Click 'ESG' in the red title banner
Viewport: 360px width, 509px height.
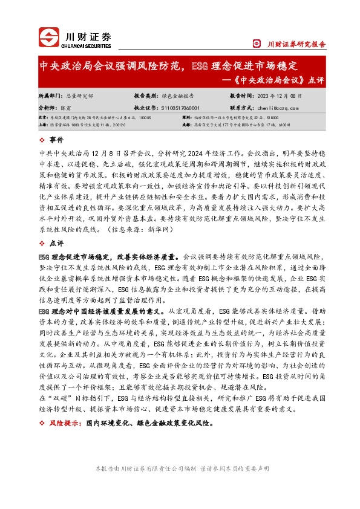click(199, 65)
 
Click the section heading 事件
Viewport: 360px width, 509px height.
click(57, 140)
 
